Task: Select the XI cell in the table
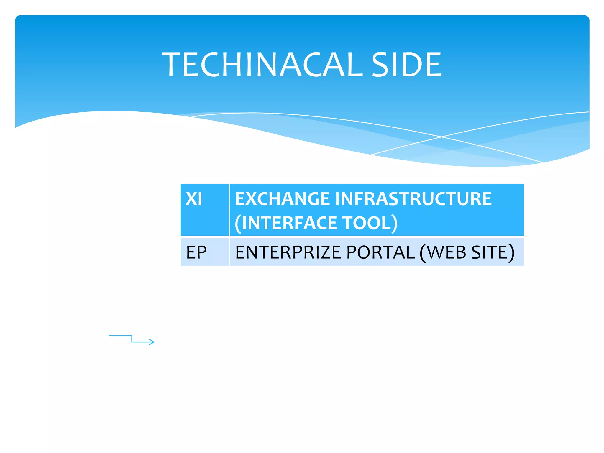click(x=205, y=210)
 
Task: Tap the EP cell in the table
click(x=205, y=252)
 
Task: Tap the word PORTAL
click(x=380, y=252)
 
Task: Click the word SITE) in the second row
click(x=493, y=252)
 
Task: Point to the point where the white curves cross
click(x=441, y=137)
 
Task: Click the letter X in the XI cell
click(x=191, y=199)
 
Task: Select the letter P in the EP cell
click(x=201, y=252)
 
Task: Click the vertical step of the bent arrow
click(x=132, y=339)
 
